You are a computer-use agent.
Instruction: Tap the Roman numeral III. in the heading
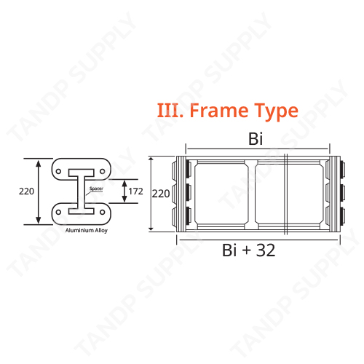point(170,111)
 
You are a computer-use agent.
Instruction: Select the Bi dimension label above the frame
point(255,139)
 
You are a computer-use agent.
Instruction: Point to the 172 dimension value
point(135,191)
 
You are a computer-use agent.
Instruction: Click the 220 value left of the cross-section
point(26,191)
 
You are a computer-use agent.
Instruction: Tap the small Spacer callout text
point(95,189)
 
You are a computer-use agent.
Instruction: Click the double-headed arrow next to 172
point(122,191)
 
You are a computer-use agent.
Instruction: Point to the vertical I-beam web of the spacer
point(78,192)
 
